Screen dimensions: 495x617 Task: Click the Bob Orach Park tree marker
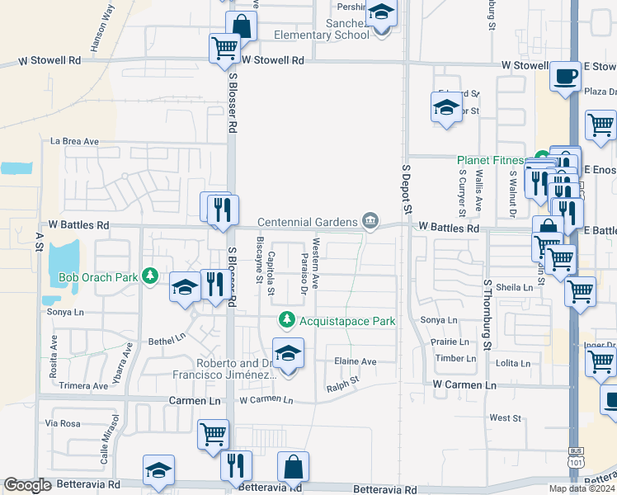tap(149, 276)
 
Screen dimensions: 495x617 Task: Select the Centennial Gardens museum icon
tap(370, 221)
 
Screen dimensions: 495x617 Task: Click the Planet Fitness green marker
tap(542, 157)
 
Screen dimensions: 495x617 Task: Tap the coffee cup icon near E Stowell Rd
tap(565, 77)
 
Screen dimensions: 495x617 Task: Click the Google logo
tap(27, 486)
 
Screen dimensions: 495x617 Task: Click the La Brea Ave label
tap(74, 142)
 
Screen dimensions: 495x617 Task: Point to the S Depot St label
tap(406, 188)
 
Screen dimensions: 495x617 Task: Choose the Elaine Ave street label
tap(355, 361)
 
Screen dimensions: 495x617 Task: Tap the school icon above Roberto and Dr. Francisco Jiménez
tap(288, 354)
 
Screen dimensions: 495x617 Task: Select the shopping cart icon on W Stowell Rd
tap(224, 48)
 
